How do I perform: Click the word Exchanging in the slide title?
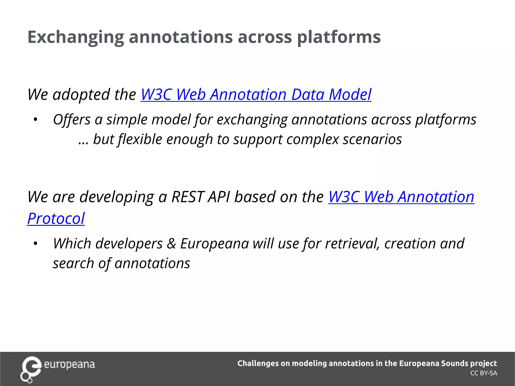click(75, 37)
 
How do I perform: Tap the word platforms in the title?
click(339, 37)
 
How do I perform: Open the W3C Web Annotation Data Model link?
click(256, 94)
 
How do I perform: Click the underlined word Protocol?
click(56, 218)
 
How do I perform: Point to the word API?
click(219, 197)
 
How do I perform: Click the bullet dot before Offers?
click(35, 120)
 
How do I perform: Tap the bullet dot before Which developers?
click(35, 244)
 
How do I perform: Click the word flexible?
click(140, 139)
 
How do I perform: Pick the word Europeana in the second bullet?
click(214, 244)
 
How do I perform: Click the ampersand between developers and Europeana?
click(171, 244)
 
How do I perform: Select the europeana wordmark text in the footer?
click(69, 365)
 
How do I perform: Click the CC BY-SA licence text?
click(484, 373)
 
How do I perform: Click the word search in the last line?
click(73, 264)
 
